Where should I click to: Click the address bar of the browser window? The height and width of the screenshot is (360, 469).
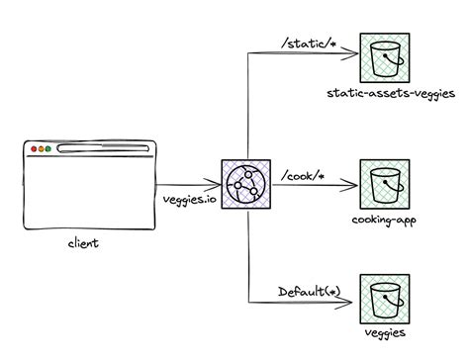point(102,149)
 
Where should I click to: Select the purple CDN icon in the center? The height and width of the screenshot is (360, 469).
point(247,184)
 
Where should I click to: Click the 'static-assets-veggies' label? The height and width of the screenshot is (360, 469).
point(389,95)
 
